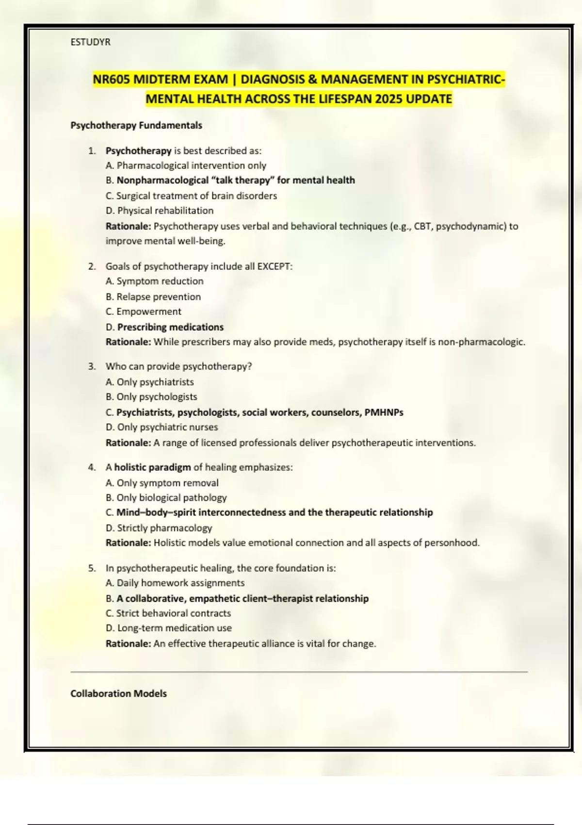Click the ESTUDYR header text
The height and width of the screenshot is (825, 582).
tap(90, 42)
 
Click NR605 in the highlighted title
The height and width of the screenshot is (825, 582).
tap(112, 79)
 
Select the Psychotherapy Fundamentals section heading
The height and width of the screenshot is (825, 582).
tap(136, 125)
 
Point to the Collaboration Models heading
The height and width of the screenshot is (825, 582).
tap(118, 693)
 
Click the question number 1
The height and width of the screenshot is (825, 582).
tap(92, 151)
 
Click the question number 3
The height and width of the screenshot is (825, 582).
tap(92, 366)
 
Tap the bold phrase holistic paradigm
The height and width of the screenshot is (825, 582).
tap(152, 467)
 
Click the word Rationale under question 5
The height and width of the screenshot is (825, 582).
tap(128, 643)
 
